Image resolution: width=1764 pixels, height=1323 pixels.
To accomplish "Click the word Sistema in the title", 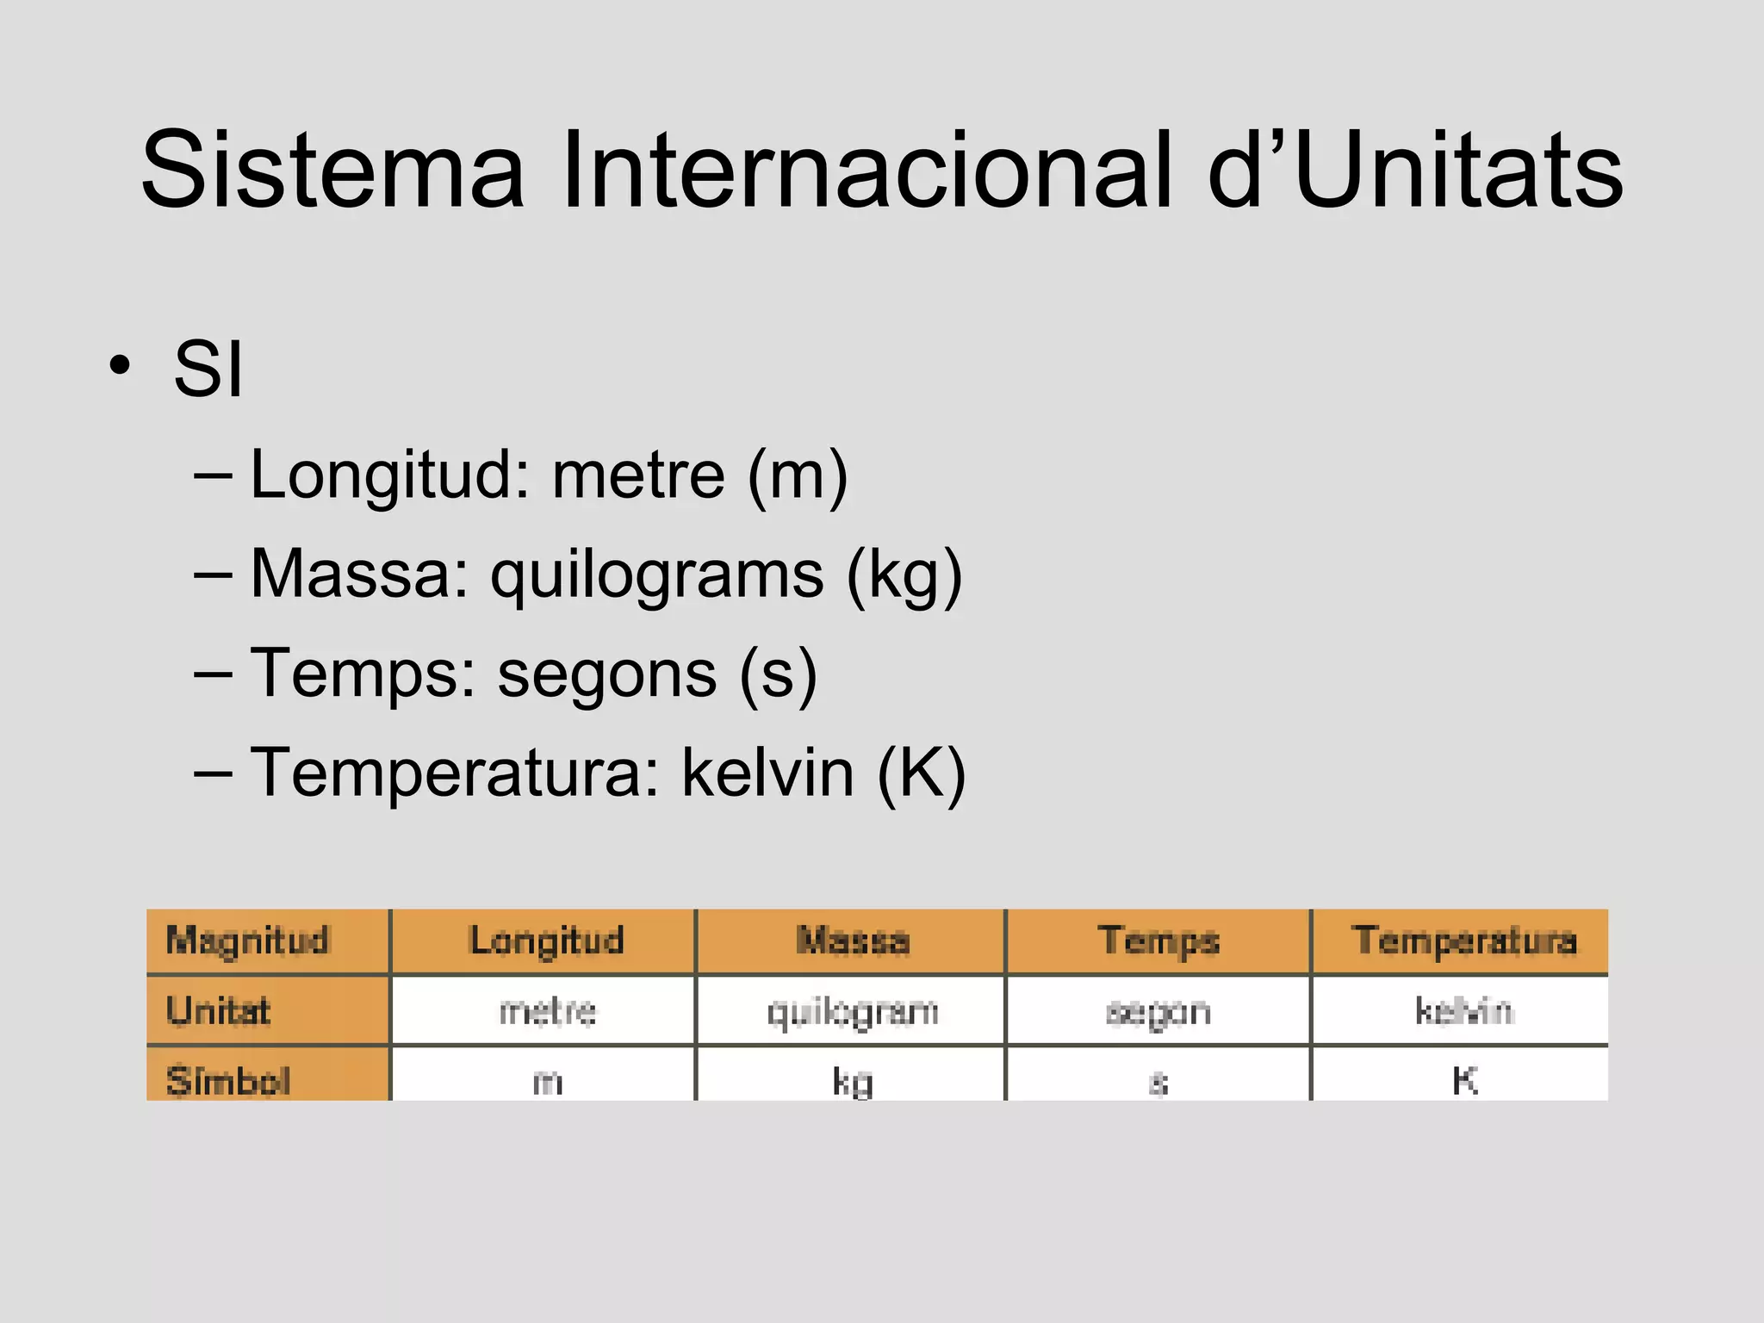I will (332, 170).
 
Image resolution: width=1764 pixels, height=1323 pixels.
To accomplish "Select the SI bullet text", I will (208, 369).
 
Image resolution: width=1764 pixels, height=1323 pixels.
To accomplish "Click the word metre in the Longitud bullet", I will (638, 475).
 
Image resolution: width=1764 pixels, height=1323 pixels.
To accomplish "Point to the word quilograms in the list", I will (656, 575).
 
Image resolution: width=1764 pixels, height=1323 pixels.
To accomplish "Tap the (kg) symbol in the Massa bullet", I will (904, 575).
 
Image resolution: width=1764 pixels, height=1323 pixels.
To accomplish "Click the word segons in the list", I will (607, 674).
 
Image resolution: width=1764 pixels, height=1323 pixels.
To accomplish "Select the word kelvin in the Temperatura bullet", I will (768, 773).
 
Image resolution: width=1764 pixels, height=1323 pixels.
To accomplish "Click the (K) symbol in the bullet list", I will (922, 773).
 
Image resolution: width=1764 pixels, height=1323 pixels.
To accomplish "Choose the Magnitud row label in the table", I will (248, 941).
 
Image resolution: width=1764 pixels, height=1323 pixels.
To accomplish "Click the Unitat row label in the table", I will (219, 1011).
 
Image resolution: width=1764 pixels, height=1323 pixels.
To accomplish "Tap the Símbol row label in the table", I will (228, 1081).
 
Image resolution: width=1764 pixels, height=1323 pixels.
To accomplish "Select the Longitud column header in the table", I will (547, 941).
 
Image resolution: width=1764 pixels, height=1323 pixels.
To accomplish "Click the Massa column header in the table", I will (853, 941).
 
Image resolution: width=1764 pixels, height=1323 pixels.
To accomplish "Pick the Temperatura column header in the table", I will (1464, 941).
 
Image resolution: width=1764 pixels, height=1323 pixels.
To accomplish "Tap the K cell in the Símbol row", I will (1464, 1080).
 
